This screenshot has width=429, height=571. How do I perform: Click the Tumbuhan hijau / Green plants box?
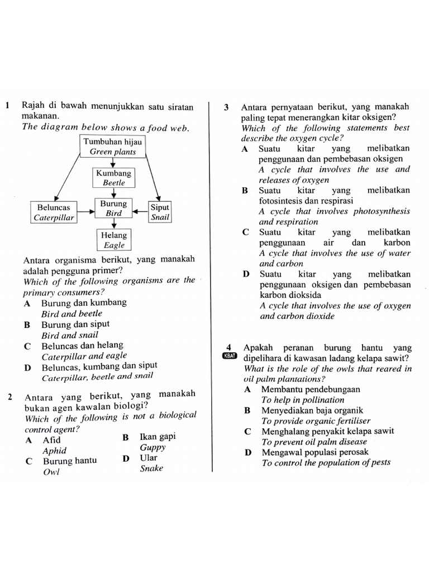113,146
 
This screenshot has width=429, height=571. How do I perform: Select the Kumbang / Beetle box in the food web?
113,177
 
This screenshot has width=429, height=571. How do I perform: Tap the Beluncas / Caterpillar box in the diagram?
54,212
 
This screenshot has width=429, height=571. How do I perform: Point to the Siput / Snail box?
160,212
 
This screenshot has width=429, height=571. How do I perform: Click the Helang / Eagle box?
114,239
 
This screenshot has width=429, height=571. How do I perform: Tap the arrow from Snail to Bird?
140,212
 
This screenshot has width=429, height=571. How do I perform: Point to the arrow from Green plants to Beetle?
113,163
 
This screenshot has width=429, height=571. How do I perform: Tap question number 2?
11,398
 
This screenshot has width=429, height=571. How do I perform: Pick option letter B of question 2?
126,438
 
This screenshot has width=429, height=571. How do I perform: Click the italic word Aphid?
55,451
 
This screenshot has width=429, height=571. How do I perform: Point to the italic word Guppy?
152,447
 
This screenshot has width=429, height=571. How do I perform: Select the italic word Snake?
151,468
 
